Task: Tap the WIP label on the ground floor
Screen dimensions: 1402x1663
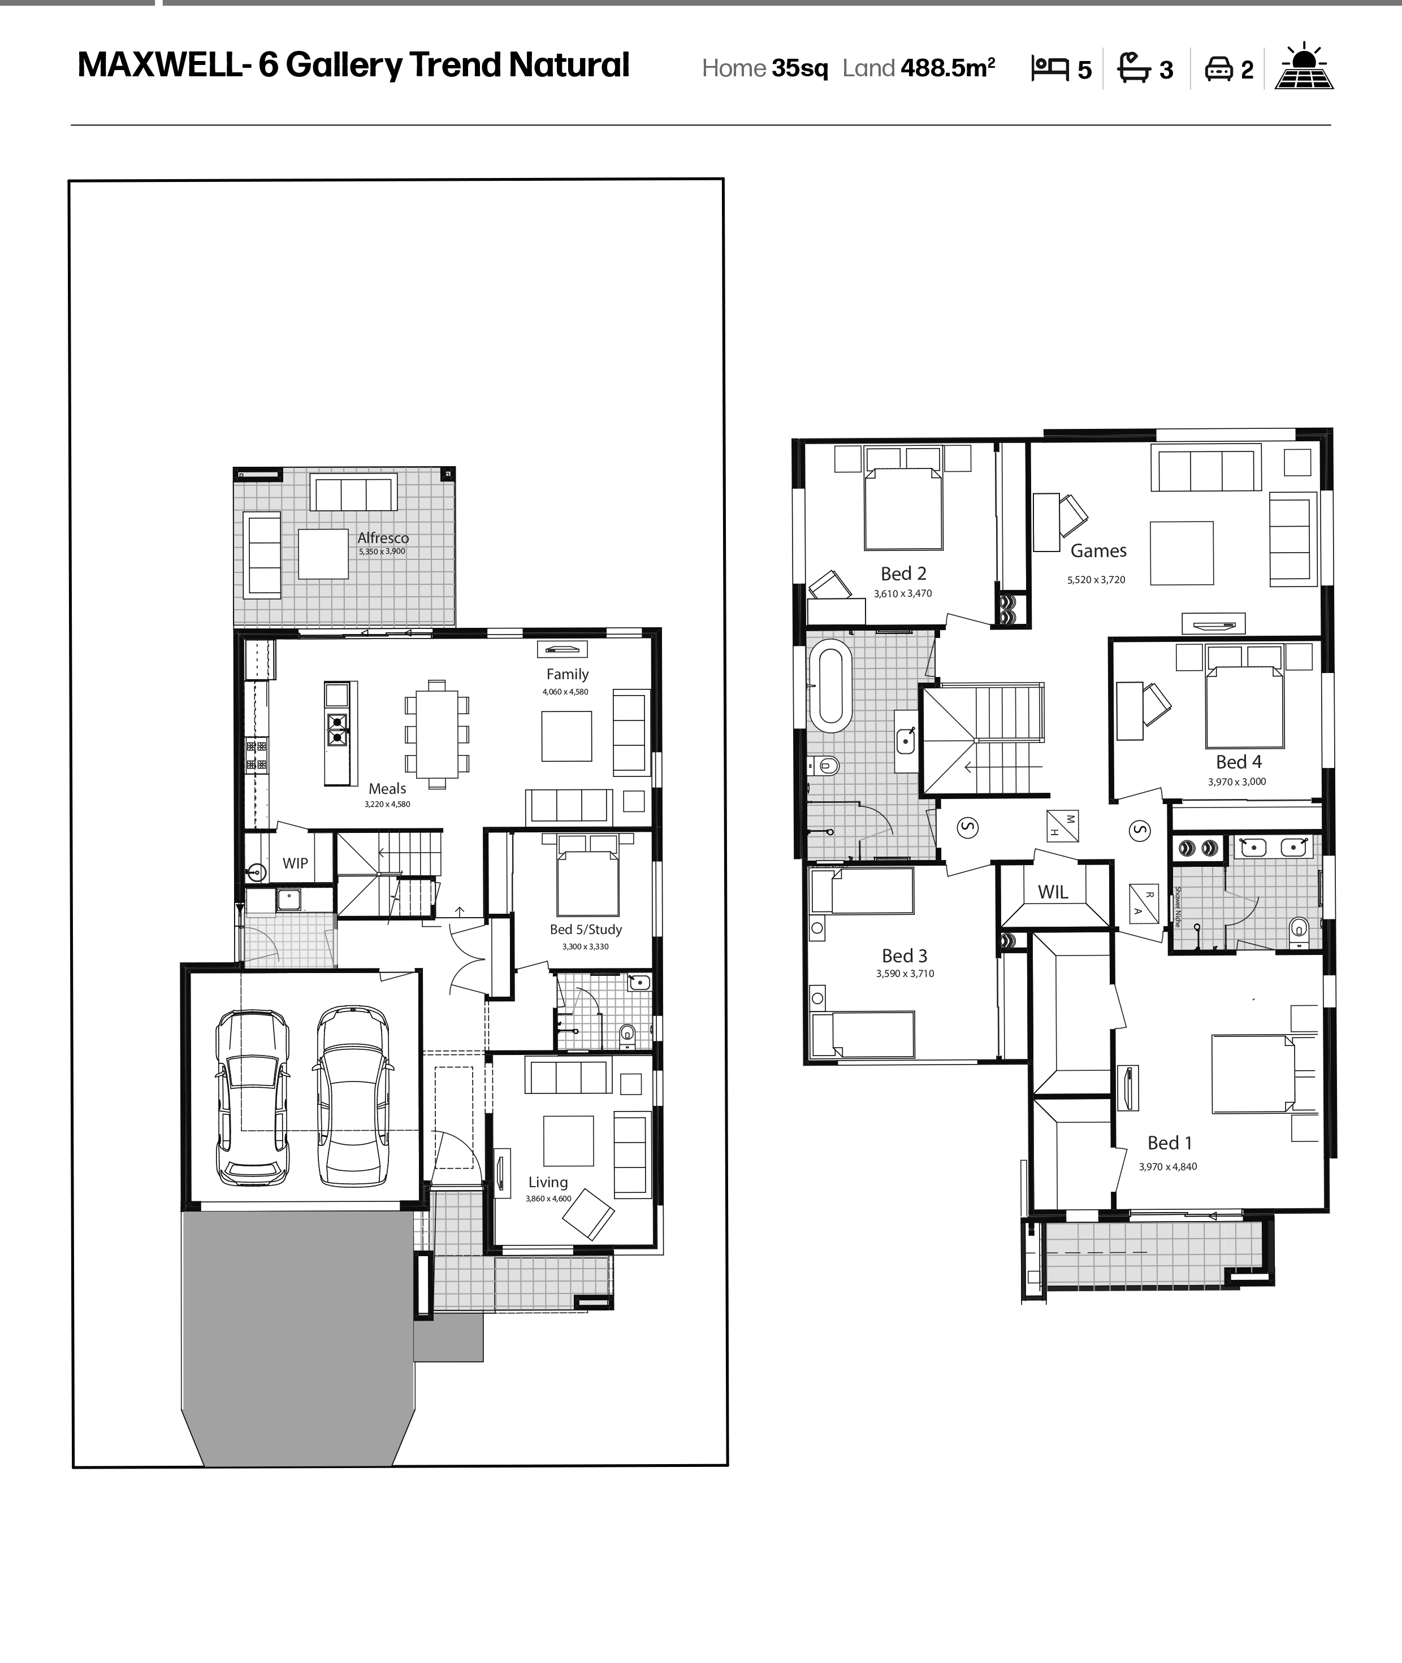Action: pos(295,863)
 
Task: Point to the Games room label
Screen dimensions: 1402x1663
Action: pos(1098,550)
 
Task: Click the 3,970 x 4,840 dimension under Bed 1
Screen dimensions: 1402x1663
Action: pos(1167,1166)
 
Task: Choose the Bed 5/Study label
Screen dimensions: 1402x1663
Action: pos(586,930)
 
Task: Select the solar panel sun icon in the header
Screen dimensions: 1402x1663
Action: pos(1304,66)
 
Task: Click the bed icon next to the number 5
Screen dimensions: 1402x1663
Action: pos(1050,68)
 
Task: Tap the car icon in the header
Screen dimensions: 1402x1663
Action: pos(1218,69)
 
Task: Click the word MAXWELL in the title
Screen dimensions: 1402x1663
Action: pos(159,65)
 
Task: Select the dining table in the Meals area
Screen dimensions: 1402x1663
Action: pos(437,734)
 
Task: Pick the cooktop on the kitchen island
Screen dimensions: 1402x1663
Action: pos(337,730)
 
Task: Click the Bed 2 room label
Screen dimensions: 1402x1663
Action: pos(904,574)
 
